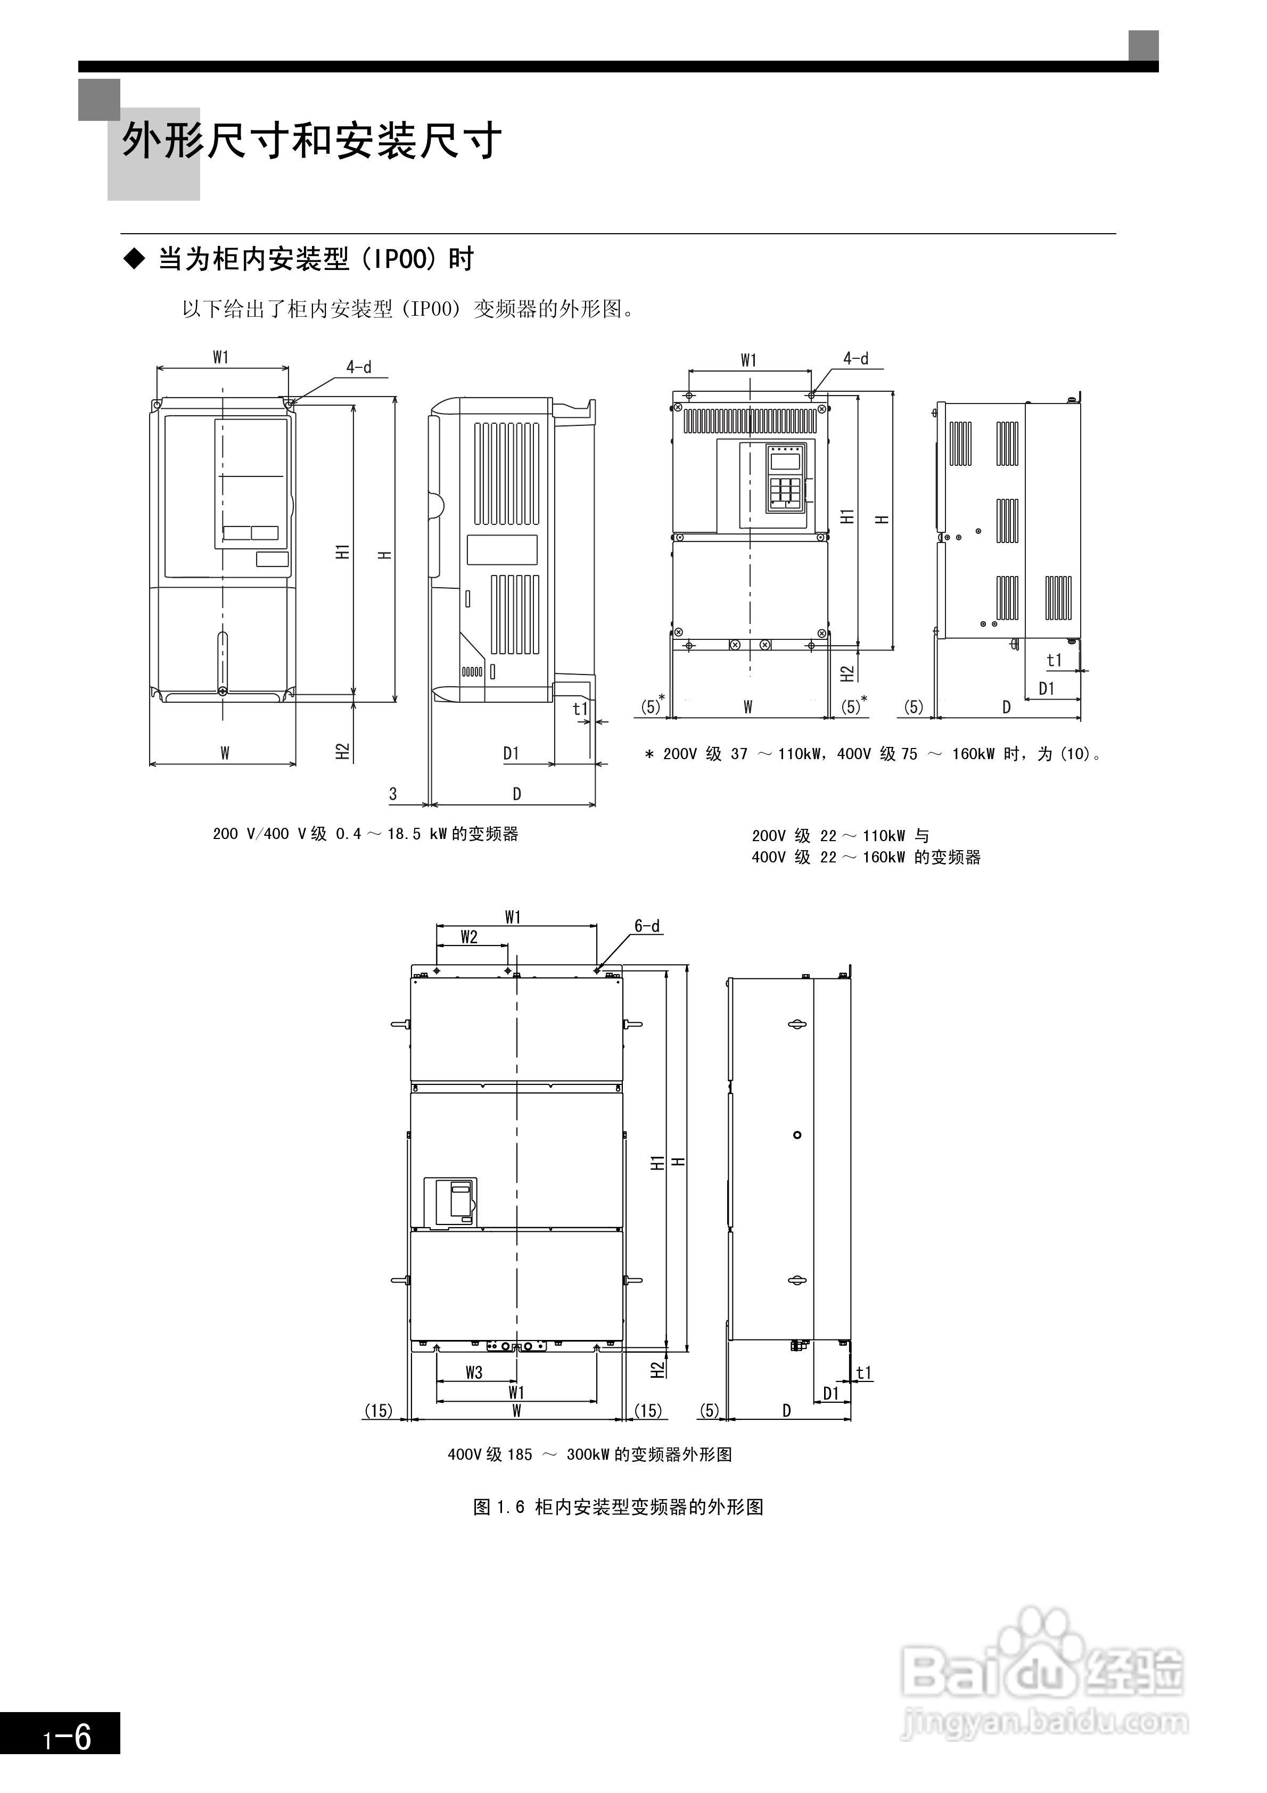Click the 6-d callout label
point(647,926)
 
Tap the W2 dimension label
point(468,937)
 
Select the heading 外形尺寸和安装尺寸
point(311,142)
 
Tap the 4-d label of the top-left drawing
point(359,367)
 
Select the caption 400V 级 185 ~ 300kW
point(590,1454)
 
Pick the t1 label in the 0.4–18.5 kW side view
point(579,708)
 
